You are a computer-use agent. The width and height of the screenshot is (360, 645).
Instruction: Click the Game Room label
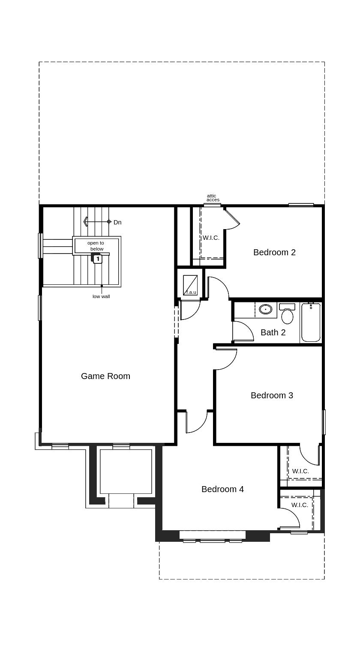(105, 376)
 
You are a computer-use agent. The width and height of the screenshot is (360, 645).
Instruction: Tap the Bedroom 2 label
(274, 252)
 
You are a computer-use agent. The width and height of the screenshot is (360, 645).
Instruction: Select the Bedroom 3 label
(272, 395)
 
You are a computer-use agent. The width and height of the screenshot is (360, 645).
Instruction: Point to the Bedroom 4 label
(222, 489)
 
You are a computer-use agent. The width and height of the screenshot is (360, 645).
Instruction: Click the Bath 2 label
(273, 332)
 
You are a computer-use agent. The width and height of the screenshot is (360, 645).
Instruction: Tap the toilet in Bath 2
(287, 313)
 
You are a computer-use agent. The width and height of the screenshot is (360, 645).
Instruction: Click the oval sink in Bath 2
(265, 309)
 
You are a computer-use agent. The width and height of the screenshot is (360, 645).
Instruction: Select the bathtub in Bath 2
(311, 322)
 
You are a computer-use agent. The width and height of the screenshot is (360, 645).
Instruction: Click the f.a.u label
(192, 292)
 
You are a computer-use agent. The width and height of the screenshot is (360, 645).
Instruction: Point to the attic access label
(213, 198)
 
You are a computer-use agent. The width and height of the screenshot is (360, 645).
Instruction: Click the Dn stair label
(117, 222)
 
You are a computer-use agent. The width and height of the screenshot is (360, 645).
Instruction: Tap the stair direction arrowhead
(86, 222)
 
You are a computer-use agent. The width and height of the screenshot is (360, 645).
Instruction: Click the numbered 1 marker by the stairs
(98, 259)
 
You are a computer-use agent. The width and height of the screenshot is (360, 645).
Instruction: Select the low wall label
(101, 296)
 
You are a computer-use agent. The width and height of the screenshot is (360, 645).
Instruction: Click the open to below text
(96, 246)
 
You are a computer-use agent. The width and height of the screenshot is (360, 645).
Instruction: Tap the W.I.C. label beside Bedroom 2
(211, 238)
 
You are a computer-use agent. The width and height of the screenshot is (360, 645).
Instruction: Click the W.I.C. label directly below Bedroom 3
(300, 471)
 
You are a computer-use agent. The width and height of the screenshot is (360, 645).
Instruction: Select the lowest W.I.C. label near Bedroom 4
(300, 505)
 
